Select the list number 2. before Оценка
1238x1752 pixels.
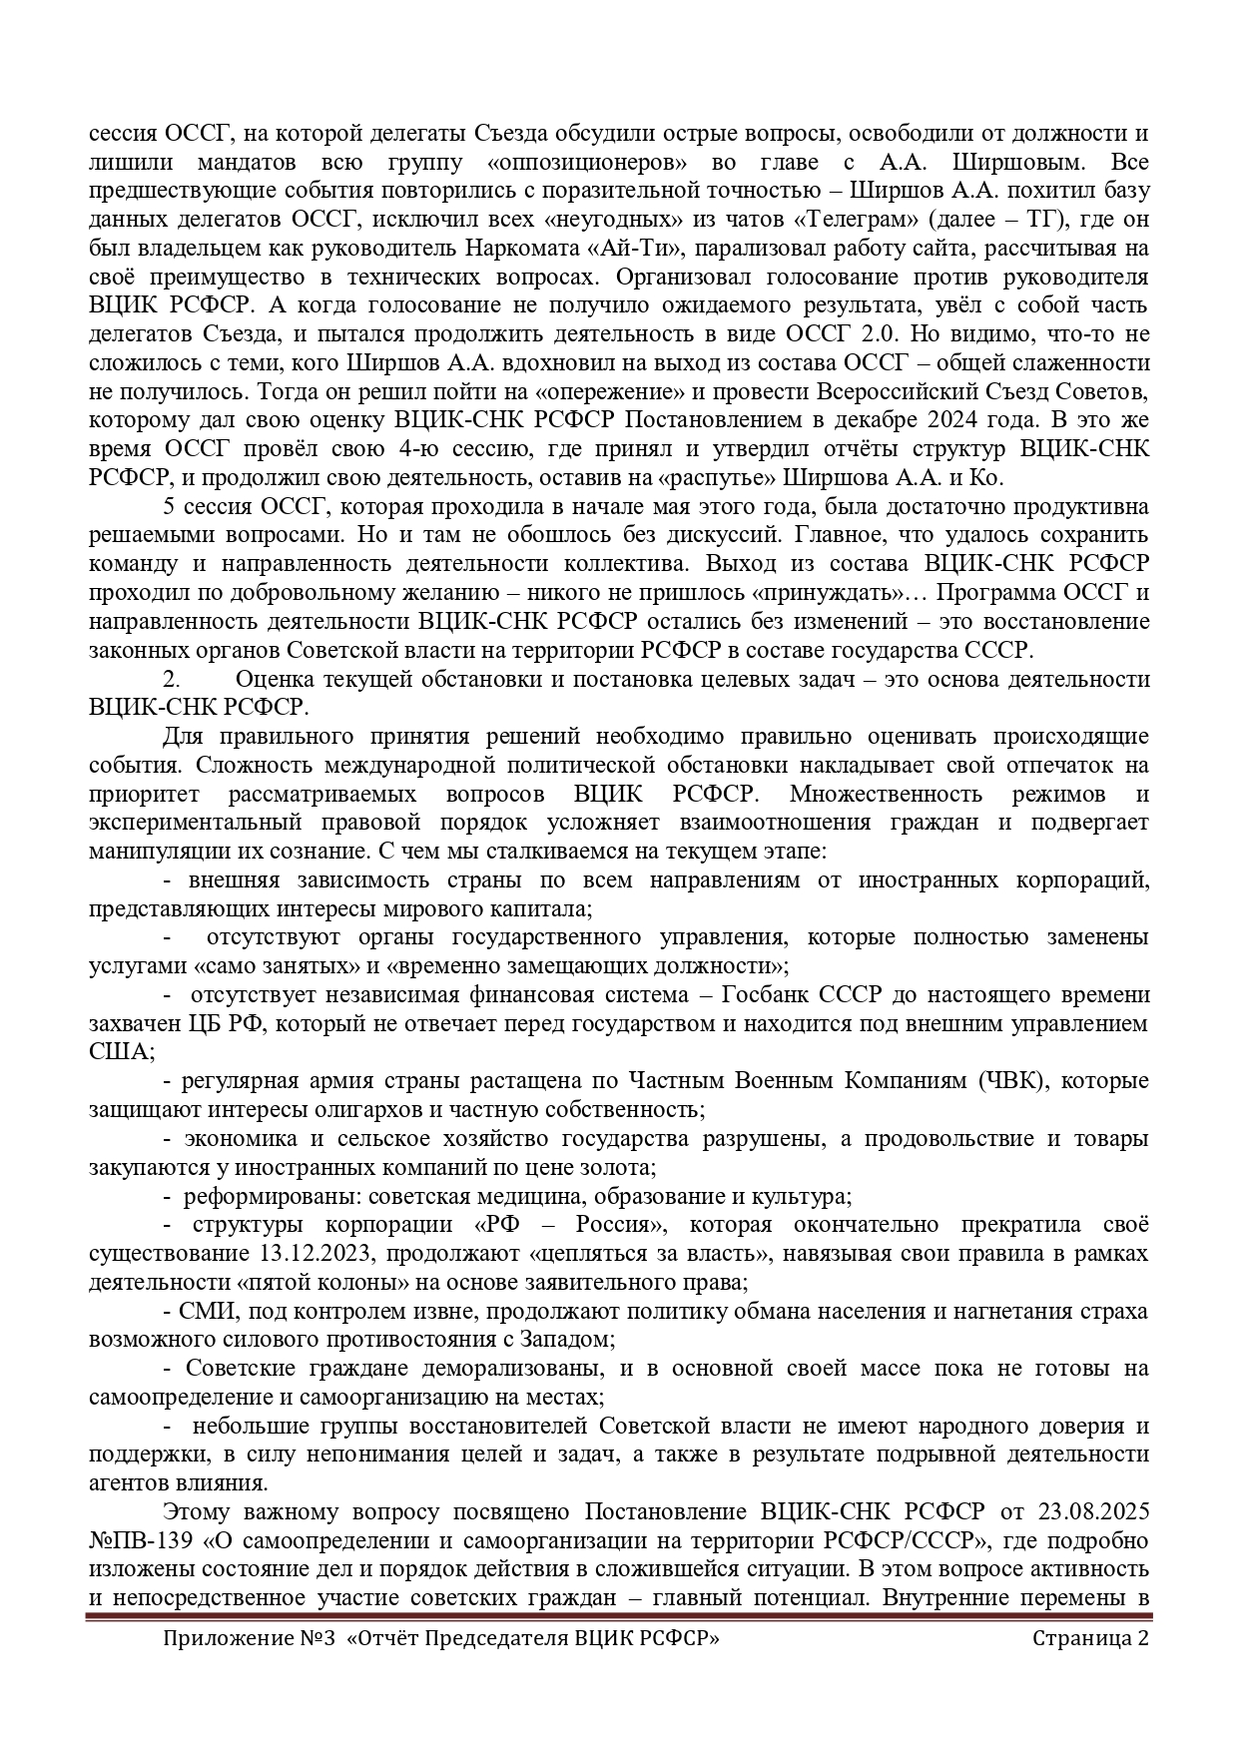click(x=172, y=679)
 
